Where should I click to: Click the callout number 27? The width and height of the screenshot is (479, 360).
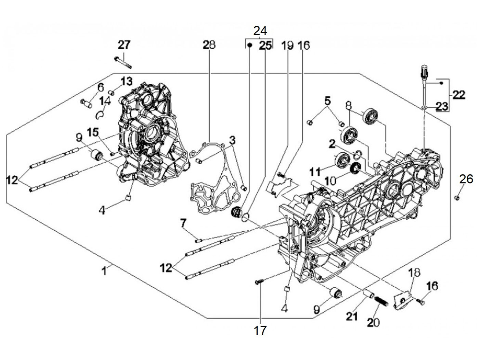[124, 45]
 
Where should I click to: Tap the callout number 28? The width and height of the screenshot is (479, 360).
[209, 45]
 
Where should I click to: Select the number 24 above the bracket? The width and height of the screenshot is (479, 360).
[260, 31]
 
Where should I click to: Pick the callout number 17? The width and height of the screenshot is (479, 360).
[260, 330]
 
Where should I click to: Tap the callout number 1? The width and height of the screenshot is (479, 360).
[104, 271]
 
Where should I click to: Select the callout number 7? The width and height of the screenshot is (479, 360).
[183, 223]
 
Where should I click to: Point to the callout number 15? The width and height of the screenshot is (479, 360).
[93, 132]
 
